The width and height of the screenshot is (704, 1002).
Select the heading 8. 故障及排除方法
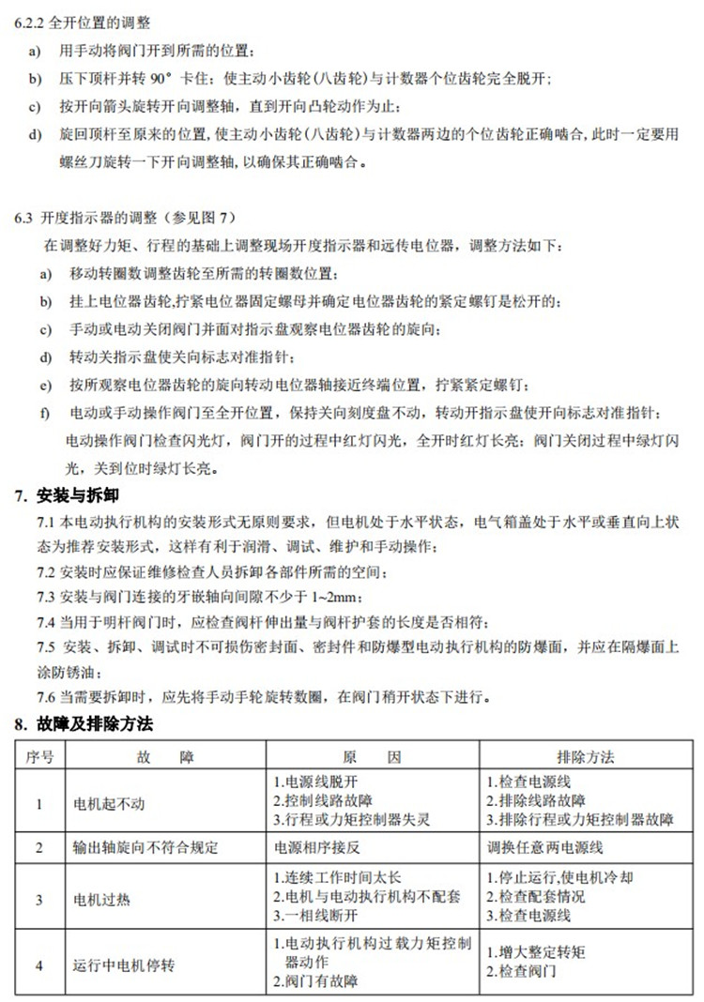pos(83,724)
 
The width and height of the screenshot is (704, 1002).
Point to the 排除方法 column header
pos(585,756)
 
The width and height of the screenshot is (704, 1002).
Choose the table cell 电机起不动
pos(110,803)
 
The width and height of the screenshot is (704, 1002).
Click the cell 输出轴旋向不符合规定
pos(145,847)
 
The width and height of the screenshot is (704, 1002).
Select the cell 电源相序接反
pos(316,847)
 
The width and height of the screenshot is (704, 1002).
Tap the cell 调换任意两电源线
pos(544,847)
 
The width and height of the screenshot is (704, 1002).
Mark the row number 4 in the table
pos(39,964)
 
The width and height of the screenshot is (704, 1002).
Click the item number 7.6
pos(47,697)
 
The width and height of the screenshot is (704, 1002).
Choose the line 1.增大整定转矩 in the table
pos(536,952)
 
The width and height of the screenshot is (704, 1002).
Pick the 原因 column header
pos(372,756)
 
